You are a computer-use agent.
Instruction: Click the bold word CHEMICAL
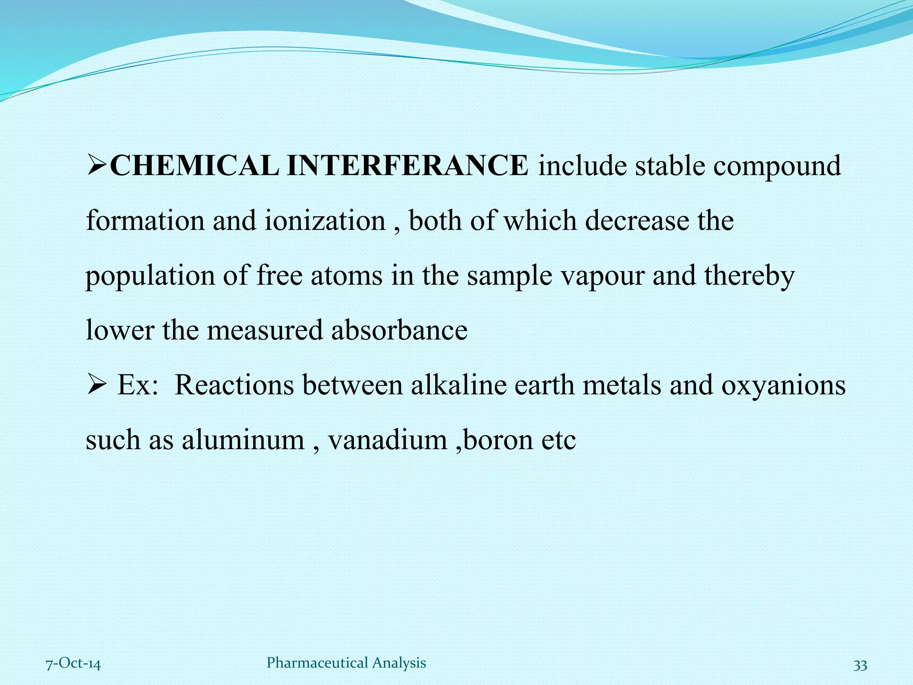tap(194, 166)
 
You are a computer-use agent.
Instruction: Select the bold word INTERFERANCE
tap(407, 166)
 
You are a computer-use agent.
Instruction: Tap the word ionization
tap(325, 221)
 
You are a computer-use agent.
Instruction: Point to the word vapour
tap(602, 276)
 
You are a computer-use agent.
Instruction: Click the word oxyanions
tap(783, 385)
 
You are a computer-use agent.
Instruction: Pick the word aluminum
tap(243, 440)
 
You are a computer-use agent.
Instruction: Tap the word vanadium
tap(387, 440)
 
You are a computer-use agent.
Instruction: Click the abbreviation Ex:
tap(138, 385)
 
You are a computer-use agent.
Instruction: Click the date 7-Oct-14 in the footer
tap(74, 664)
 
